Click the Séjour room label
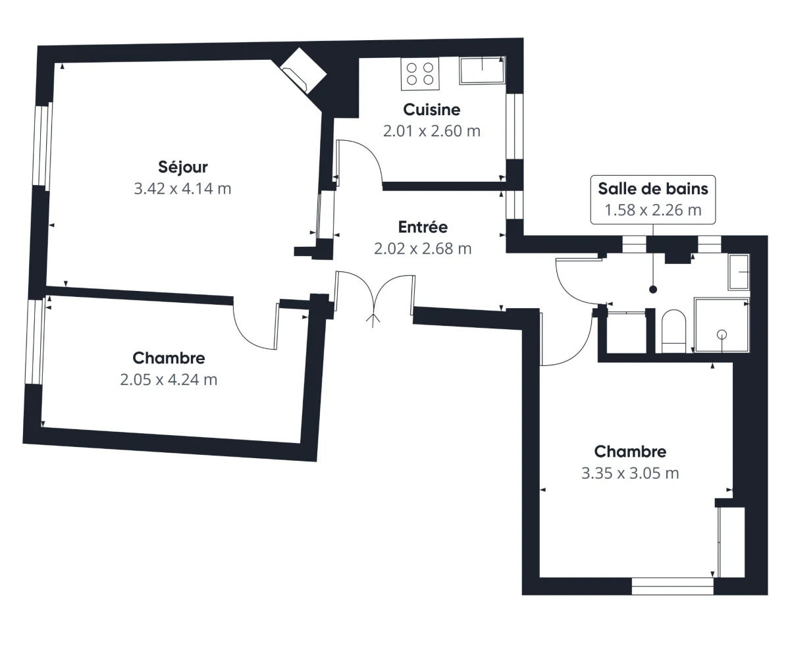[x=183, y=167]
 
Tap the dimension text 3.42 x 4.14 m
[x=183, y=189]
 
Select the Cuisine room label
[x=431, y=109]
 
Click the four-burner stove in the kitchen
[x=421, y=74]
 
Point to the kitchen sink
[x=482, y=70]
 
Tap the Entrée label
[x=423, y=227]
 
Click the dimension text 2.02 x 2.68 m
[x=423, y=249]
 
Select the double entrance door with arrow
[x=375, y=296]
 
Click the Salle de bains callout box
[x=652, y=199]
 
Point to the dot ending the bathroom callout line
[x=653, y=289]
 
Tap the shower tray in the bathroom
[x=722, y=325]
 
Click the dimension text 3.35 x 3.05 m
[x=630, y=473]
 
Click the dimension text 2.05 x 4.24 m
[x=169, y=380]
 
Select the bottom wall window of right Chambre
[x=672, y=586]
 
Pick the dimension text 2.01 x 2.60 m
[x=431, y=131]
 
